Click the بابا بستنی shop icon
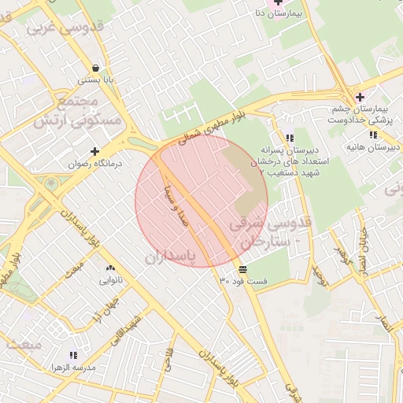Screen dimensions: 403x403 95,68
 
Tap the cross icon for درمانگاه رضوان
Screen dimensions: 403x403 95,151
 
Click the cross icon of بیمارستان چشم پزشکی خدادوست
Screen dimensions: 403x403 360,97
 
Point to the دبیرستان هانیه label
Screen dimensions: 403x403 372,147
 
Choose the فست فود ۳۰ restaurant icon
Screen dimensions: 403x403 242,270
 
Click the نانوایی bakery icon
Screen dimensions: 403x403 109,268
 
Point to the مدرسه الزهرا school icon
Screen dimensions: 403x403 73,356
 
